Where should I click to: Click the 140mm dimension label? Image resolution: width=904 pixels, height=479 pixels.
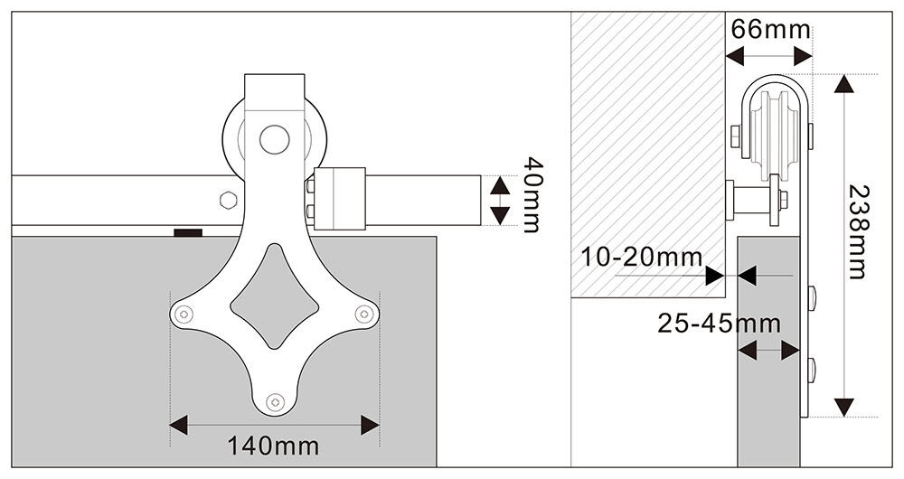point(273,446)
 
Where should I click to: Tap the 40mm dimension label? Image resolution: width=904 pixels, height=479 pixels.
point(531,195)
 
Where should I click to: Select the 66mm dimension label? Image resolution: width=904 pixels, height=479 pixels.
point(770,29)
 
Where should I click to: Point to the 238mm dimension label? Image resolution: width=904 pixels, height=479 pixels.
point(857,231)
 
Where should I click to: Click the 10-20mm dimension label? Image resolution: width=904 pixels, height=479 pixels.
point(641,257)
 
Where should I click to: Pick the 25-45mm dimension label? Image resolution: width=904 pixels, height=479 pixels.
point(719,324)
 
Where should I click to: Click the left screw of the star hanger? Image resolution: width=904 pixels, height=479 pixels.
point(184,315)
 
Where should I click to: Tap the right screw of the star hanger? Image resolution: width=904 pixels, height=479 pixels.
point(363,315)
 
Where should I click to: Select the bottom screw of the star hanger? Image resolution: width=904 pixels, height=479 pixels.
point(275,401)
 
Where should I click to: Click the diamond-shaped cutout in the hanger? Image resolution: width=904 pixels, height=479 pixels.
point(275,296)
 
